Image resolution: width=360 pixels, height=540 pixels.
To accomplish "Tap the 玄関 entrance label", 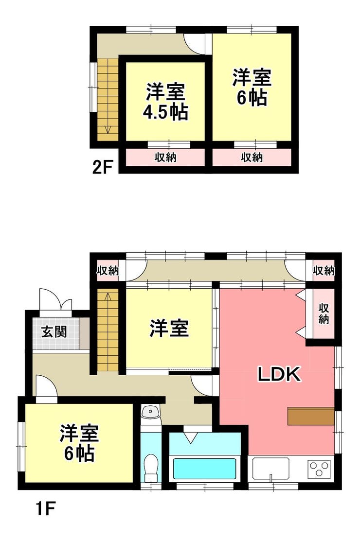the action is tap(54, 332).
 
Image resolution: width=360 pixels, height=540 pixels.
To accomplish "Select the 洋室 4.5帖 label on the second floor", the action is tap(165, 102).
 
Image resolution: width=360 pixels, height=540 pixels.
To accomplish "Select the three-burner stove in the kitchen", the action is tap(320, 469).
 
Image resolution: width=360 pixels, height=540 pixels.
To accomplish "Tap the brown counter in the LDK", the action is tap(311, 417).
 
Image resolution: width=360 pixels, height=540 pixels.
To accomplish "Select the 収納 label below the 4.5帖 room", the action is tap(165, 157).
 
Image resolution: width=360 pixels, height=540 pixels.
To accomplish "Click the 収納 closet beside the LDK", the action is tap(323, 313).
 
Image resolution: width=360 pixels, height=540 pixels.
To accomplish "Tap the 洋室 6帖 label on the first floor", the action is tap(79, 443).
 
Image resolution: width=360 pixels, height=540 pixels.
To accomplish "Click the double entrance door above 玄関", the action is tap(56, 300).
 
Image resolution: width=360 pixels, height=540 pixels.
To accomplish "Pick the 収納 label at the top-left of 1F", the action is tap(108, 271).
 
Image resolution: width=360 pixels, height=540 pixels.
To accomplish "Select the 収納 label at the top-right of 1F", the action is tap(324, 271).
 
